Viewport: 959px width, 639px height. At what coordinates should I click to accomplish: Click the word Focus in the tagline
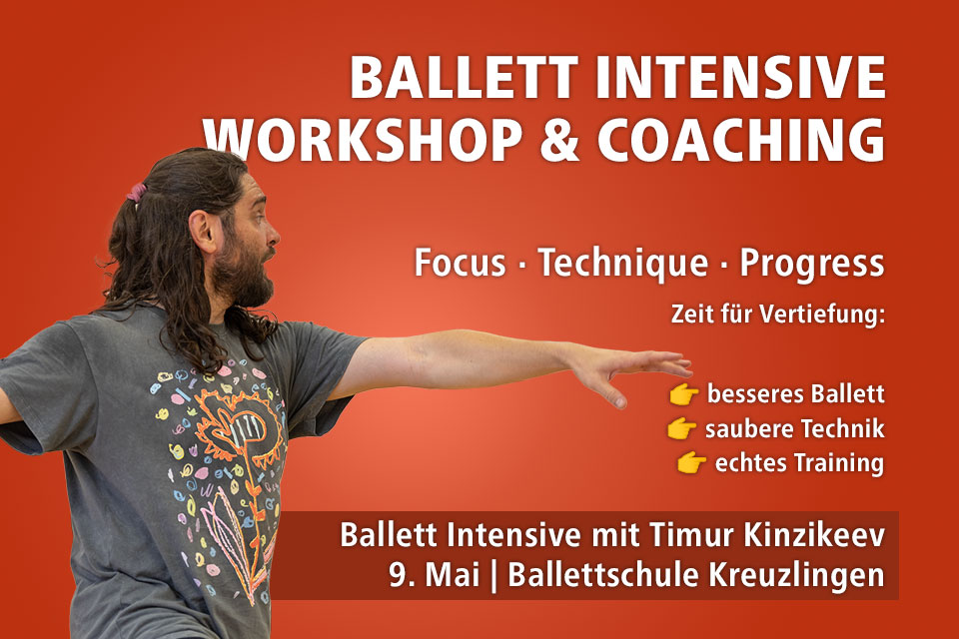point(464,264)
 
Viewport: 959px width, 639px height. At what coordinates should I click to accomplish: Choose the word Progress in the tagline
point(811,264)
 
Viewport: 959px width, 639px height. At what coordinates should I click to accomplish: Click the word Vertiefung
point(827,318)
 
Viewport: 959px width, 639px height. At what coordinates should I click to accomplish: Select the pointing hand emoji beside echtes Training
point(691,463)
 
